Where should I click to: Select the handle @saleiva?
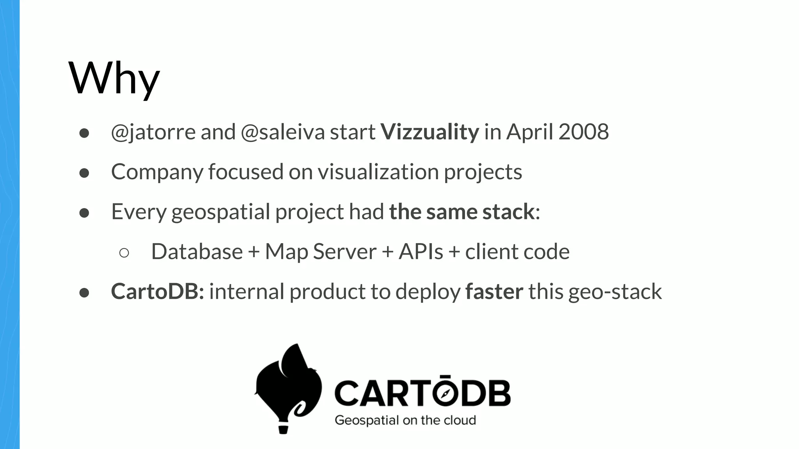click(x=282, y=132)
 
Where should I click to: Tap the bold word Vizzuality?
click(x=430, y=132)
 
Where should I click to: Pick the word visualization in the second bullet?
click(x=378, y=172)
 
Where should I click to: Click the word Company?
click(x=157, y=172)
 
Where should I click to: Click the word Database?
click(x=197, y=252)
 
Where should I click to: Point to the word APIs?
click(x=421, y=252)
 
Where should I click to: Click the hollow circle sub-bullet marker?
click(x=124, y=253)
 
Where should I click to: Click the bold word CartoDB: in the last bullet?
click(x=157, y=292)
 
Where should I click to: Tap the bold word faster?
click(x=494, y=292)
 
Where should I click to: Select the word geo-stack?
click(x=615, y=292)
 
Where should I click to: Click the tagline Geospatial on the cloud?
click(x=405, y=421)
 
